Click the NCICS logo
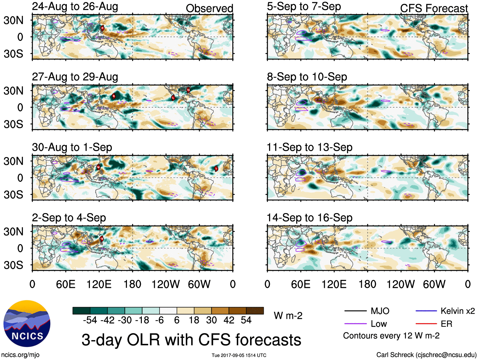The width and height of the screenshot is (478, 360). [27, 323]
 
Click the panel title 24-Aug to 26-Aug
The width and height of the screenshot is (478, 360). [75, 7]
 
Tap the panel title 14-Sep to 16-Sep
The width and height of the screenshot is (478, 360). [310, 218]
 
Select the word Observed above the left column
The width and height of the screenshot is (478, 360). [209, 8]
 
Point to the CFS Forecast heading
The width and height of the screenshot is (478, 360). [434, 8]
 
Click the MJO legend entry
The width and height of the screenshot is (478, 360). [380, 311]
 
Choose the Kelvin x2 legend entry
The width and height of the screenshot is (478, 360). [457, 311]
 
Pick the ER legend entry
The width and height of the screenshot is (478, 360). [446, 324]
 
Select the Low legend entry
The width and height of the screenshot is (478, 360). [379, 324]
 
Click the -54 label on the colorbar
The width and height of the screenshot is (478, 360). [90, 320]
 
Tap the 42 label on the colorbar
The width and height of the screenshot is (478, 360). [229, 320]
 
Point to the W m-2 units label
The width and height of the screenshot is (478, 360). [288, 316]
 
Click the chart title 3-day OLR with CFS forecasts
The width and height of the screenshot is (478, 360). [191, 340]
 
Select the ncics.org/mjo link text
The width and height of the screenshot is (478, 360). [20, 355]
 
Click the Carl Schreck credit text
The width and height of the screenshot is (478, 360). [426, 355]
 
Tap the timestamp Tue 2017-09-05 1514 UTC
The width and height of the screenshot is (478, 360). [239, 355]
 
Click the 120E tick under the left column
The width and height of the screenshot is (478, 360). [99, 284]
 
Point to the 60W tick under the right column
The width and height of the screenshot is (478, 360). [434, 284]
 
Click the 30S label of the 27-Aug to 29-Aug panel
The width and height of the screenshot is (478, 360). [14, 124]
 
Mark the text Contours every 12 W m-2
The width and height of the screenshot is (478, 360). [391, 336]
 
